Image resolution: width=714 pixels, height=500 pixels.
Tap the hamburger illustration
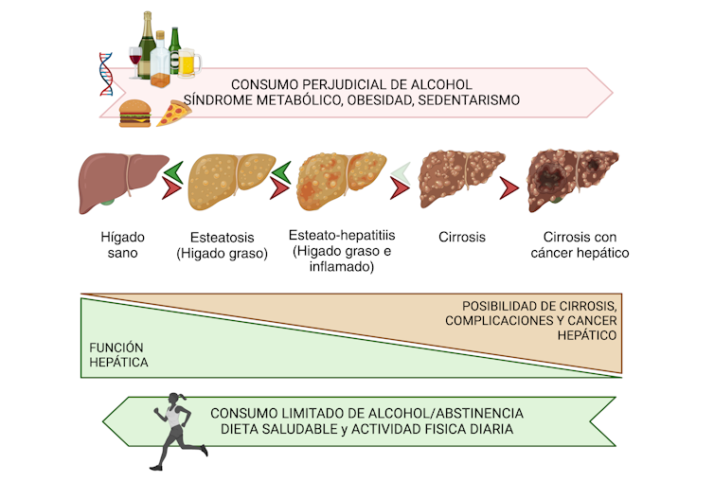(x=134, y=114)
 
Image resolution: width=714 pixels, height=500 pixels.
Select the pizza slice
(x=174, y=114)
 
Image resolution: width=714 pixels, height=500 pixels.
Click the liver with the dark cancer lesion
(x=573, y=178)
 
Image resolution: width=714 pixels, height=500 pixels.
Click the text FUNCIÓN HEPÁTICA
(x=118, y=354)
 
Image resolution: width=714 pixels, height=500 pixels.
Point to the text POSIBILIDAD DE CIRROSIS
(x=540, y=306)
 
